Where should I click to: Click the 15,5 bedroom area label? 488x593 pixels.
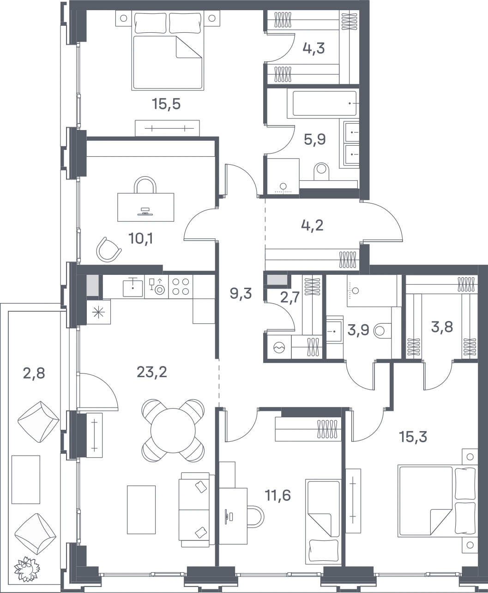coord(166,104)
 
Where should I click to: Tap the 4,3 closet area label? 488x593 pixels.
coord(313,48)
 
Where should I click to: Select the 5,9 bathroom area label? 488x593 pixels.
coord(315,139)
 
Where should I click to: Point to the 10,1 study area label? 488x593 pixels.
coord(140,239)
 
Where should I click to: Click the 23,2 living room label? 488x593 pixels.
coord(152,373)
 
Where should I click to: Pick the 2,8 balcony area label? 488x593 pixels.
coord(34,374)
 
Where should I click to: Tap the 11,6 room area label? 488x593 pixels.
coord(277,495)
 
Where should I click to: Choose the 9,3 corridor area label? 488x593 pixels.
coord(241,294)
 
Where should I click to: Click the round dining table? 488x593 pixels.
coord(173,431)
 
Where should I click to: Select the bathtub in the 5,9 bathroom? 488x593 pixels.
coord(323,103)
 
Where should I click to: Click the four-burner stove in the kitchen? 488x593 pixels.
coord(181,286)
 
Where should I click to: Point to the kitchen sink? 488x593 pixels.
coord(133,286)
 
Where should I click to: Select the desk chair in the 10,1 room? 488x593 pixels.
coord(108,249)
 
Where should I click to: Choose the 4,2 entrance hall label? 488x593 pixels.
coord(312,225)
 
